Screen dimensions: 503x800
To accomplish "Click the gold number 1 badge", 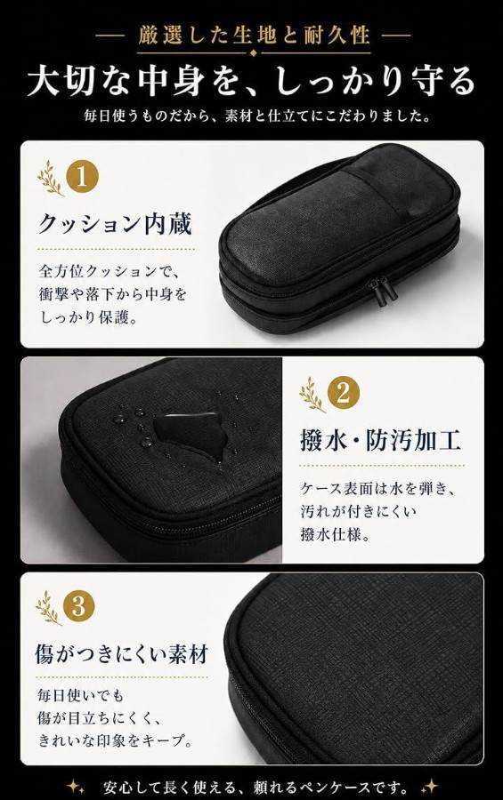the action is (82, 177).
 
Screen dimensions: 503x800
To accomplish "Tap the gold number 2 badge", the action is (343, 393).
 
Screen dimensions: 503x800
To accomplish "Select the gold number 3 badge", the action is (78, 607).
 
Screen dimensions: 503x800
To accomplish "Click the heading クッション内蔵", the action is (116, 225).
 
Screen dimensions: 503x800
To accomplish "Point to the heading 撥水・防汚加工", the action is (380, 440).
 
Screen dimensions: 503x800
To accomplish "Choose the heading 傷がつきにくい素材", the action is (122, 654).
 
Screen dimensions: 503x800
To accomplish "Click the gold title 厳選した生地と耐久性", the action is (254, 36).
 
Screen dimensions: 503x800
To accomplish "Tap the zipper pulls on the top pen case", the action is (382, 291).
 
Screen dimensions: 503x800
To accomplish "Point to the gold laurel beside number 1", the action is (50, 178).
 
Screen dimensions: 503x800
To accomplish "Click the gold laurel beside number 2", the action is (312, 395).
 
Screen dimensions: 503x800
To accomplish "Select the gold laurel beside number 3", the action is (48, 608).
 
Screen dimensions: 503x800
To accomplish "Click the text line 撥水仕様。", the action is (335, 534).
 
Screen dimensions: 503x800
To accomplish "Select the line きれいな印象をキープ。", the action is (115, 740).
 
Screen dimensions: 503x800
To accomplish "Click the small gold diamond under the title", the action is (254, 53).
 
